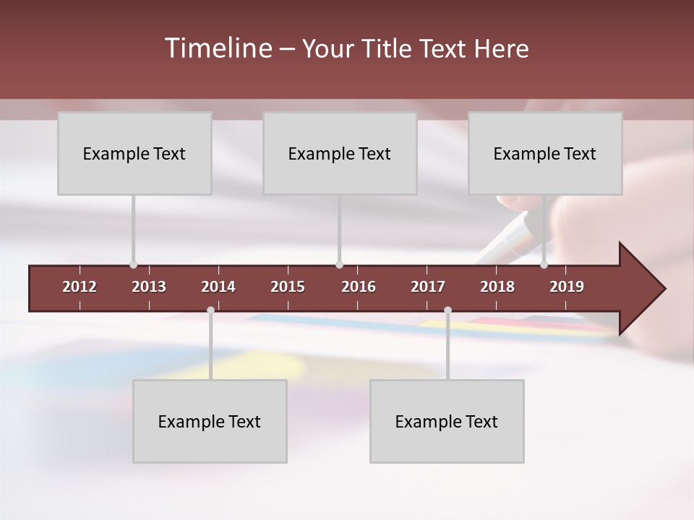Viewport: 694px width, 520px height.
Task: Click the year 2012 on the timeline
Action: coord(80,287)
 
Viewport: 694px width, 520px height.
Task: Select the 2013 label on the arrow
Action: coord(149,287)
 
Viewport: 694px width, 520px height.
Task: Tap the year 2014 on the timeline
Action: coord(218,287)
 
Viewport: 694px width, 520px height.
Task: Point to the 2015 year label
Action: coord(288,287)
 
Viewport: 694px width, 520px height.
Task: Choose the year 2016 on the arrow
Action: coord(359,287)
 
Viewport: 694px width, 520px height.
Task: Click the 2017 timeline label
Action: coord(428,287)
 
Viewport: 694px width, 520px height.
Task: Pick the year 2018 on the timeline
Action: coord(497,287)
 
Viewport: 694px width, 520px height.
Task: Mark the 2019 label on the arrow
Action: coord(567,287)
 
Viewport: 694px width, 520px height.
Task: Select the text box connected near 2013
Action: coord(134,153)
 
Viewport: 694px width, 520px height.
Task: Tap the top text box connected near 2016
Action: coord(340,153)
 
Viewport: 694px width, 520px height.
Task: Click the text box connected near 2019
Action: coord(545,153)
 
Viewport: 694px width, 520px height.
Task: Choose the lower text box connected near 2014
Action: coord(210,421)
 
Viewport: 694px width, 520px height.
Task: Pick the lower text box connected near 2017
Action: coord(447,421)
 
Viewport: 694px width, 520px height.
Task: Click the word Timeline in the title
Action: coord(217,48)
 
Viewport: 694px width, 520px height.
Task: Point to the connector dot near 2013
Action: coord(133,265)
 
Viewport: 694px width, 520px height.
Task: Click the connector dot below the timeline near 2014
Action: coord(210,311)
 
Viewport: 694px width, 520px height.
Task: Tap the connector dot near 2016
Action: coord(339,265)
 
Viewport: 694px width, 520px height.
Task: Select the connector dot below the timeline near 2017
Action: coord(447,311)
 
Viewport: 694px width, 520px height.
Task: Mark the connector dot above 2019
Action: coord(544,265)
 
